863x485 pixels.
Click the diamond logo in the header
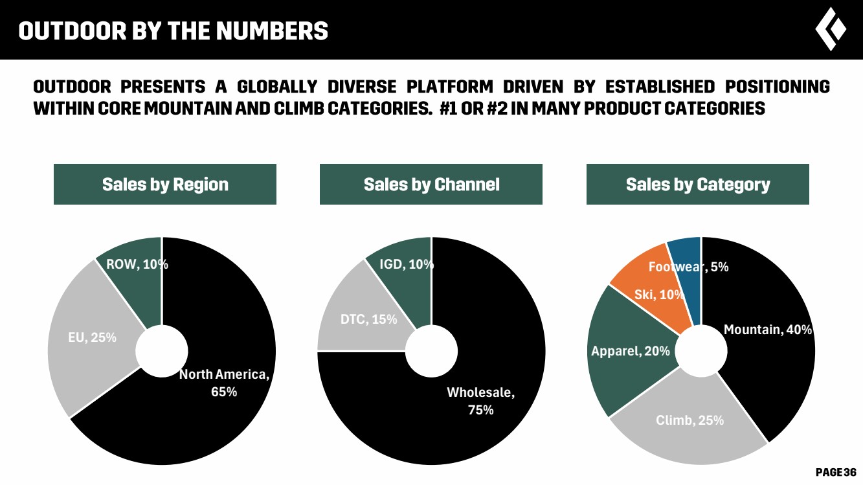(831, 29)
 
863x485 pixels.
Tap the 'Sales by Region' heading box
(165, 185)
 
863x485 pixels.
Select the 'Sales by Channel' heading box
(431, 185)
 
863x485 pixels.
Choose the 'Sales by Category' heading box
(698, 185)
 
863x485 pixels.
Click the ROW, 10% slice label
(137, 264)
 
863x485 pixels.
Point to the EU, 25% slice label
(92, 337)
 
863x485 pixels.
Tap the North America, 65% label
(224, 383)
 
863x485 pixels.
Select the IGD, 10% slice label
(407, 264)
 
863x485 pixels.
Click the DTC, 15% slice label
(369, 319)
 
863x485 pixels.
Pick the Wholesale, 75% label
(480, 400)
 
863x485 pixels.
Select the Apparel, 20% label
(631, 352)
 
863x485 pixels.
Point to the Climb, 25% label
(690, 420)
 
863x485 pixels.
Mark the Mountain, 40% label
(767, 330)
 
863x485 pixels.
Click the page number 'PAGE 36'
(836, 472)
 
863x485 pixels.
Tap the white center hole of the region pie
(162, 351)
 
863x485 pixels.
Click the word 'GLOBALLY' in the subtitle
(277, 87)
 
